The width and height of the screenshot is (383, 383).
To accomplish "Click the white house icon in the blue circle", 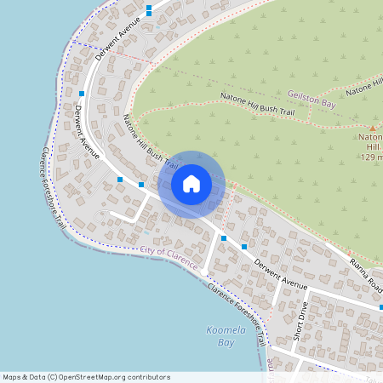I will click(x=191, y=184).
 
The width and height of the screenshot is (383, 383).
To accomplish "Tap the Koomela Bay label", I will click(x=220, y=336).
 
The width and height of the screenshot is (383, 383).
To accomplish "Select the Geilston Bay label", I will click(x=312, y=100).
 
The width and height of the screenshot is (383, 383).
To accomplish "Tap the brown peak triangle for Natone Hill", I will click(x=372, y=128).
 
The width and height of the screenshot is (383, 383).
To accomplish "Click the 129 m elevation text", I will click(x=372, y=157).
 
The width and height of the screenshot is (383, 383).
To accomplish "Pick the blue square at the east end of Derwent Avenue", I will click(x=381, y=306).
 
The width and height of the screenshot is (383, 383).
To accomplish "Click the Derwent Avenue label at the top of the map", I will click(x=117, y=38).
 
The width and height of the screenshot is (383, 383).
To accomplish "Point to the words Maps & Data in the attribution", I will click(x=23, y=377).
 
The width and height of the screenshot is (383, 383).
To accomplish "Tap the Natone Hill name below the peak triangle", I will click(x=372, y=141).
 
